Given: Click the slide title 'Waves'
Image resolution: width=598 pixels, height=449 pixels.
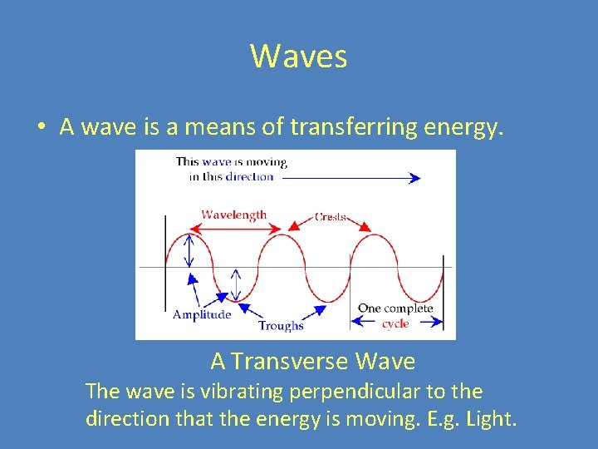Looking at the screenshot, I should (298, 57).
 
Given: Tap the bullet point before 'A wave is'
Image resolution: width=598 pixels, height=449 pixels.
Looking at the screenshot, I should (41, 127).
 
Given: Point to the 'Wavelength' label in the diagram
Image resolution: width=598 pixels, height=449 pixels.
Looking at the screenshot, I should (234, 215).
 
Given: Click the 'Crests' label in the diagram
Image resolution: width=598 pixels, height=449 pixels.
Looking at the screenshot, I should (331, 217).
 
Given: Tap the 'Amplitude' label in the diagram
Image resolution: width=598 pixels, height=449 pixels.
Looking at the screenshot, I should (202, 314).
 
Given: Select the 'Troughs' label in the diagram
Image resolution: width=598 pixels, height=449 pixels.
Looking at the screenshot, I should (281, 326).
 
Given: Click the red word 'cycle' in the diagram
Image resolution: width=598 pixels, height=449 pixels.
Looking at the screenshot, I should (395, 323).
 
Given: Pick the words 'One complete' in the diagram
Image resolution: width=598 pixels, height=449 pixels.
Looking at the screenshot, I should (395, 308).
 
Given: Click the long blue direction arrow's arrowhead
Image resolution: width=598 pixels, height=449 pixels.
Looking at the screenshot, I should (414, 177).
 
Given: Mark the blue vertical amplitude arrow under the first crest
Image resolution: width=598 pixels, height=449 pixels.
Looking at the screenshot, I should (190, 249).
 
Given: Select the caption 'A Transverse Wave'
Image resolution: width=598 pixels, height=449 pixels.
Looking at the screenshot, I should (312, 362).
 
